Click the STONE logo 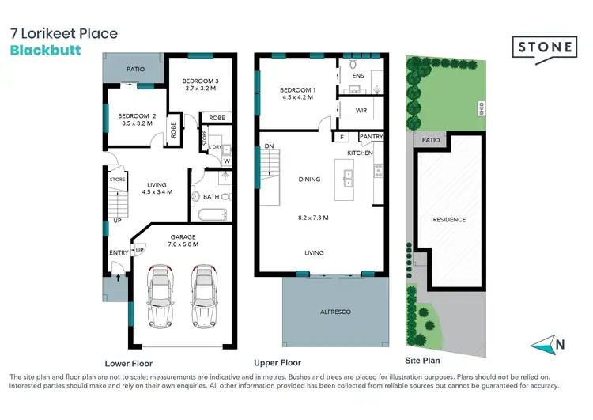coord(546,46)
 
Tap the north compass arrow coord(546,343)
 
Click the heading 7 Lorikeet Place coord(63,33)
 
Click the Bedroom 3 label coord(200,81)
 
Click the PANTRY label coord(371,137)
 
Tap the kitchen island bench coord(345,180)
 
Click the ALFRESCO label coord(336,312)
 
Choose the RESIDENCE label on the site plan coord(448,219)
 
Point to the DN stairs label coord(269,146)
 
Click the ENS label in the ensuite coord(357,76)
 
